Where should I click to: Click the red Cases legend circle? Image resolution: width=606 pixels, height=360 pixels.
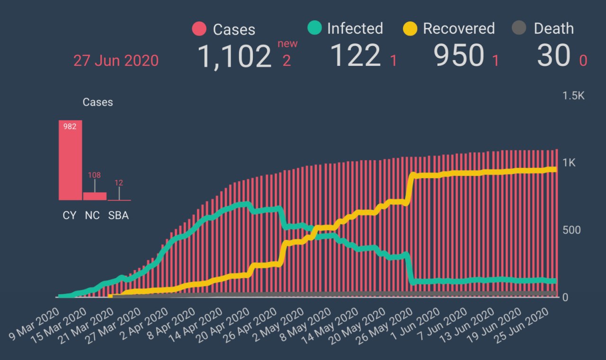click(199, 29)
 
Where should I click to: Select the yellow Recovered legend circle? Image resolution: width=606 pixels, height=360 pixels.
click(410, 28)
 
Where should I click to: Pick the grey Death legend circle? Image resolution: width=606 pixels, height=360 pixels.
click(519, 28)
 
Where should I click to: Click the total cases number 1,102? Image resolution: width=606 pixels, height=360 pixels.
click(234, 56)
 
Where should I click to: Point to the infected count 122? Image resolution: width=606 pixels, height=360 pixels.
click(355, 56)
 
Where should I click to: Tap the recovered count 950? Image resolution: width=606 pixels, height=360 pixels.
click(459, 56)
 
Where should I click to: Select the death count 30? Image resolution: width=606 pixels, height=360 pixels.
click(553, 56)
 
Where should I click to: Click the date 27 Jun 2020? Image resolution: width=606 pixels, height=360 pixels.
click(116, 61)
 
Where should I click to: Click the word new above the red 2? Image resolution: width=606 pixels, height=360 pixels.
click(287, 44)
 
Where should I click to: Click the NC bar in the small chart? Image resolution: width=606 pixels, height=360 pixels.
click(95, 196)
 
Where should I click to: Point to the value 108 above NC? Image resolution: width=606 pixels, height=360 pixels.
click(94, 175)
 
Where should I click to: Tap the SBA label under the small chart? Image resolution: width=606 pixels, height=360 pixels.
click(118, 216)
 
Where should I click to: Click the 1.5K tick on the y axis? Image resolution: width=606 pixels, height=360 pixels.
click(573, 96)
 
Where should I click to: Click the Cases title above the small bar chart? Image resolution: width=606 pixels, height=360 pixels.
click(98, 102)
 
